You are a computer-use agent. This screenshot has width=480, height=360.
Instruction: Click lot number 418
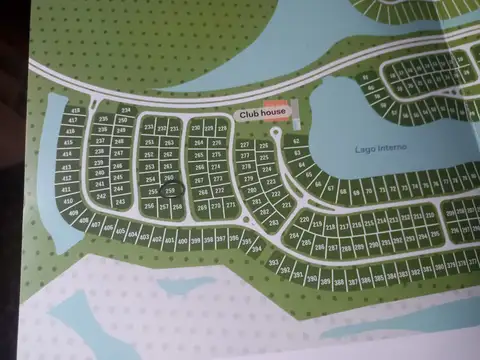[76, 111]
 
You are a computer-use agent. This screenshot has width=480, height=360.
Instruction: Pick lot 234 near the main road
[125, 109]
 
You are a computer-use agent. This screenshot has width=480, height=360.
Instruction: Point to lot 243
[119, 201]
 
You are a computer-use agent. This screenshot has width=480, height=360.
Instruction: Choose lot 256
[150, 206]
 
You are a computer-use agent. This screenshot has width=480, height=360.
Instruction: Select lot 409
[74, 213]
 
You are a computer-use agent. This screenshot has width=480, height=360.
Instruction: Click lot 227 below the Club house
[244, 145]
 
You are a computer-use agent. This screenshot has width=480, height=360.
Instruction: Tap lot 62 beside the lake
[295, 140]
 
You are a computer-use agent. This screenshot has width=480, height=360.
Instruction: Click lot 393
[273, 263]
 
